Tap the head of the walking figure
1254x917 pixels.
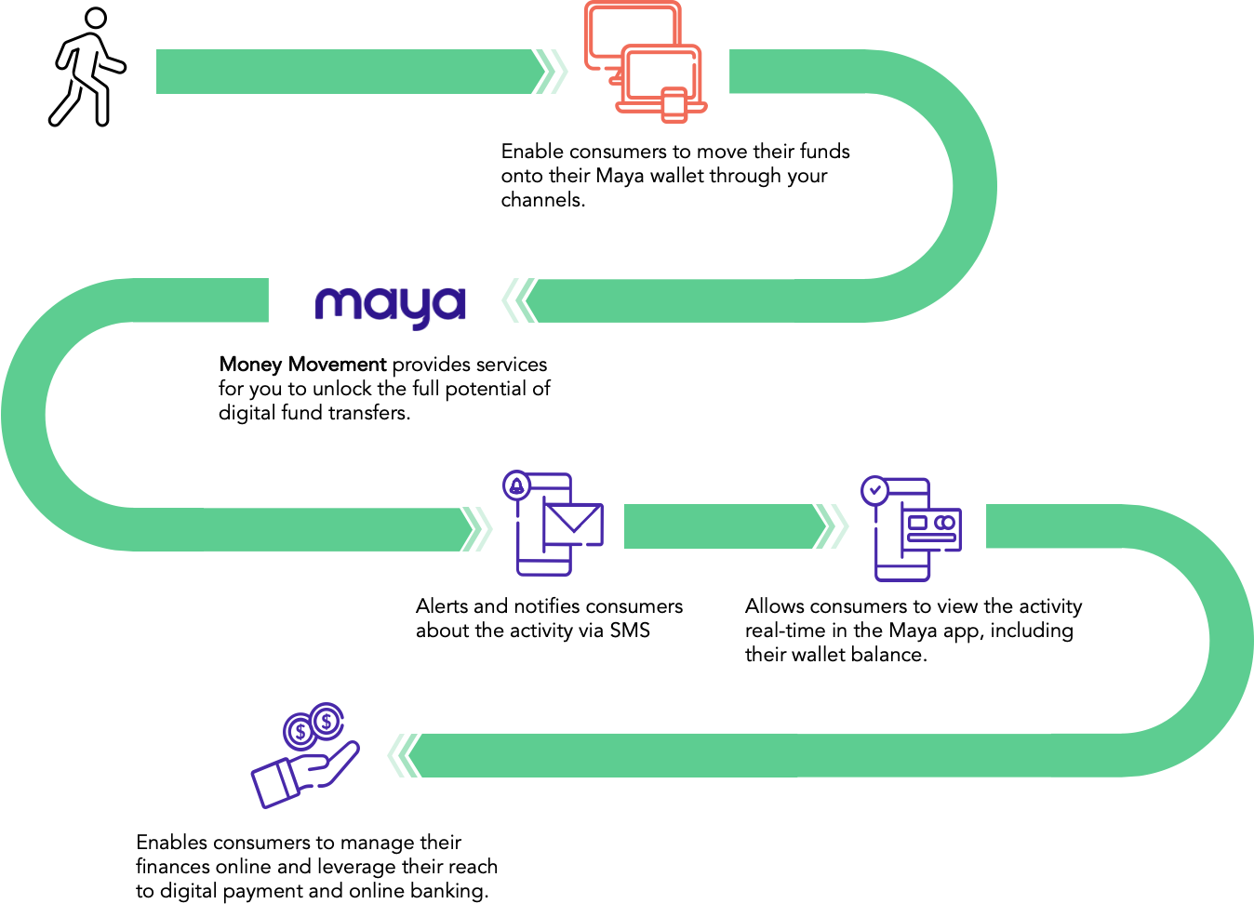(96, 18)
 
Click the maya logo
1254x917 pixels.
(390, 307)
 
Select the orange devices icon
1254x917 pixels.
(645, 61)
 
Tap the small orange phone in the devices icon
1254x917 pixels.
(674, 105)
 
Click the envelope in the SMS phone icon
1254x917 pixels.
(573, 524)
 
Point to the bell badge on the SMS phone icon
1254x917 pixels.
(516, 485)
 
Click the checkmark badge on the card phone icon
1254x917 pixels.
(874, 490)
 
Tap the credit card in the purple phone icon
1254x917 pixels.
(930, 529)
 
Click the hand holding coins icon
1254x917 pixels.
(306, 755)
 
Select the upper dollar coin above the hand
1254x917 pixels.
(327, 721)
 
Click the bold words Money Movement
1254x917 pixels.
(302, 365)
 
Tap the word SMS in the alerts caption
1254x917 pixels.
(630, 631)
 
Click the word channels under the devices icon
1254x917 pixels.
(543, 200)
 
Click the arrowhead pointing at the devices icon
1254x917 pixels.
(552, 72)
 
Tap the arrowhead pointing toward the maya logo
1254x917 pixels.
(519, 300)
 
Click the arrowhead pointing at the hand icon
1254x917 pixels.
(404, 756)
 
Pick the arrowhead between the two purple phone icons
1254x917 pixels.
(831, 526)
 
